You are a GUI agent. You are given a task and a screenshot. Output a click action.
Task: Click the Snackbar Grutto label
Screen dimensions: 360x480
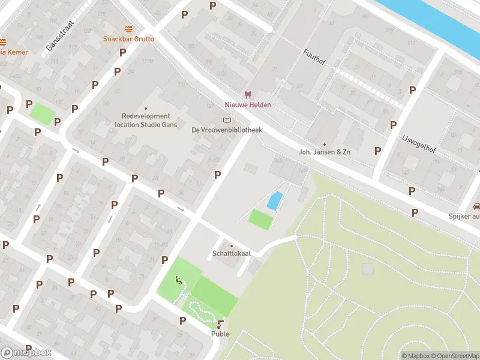pyautogui.click(x=128, y=39)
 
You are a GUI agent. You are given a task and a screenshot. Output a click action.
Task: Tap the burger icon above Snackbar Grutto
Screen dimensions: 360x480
pyautogui.click(x=128, y=29)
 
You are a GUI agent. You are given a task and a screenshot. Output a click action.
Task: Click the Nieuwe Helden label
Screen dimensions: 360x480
pyautogui.click(x=247, y=105)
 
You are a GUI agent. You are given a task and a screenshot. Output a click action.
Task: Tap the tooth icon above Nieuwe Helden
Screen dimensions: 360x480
pyautogui.click(x=247, y=95)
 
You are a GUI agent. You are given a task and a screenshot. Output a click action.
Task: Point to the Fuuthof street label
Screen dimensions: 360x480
pyautogui.click(x=314, y=60)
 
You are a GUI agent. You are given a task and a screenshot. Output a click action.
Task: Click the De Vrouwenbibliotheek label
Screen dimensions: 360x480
pyautogui.click(x=227, y=130)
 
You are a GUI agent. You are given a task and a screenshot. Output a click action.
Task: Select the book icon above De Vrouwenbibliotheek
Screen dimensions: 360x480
pyautogui.click(x=227, y=120)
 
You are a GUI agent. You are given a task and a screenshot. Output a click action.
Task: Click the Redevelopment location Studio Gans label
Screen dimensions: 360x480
pyautogui.click(x=146, y=121)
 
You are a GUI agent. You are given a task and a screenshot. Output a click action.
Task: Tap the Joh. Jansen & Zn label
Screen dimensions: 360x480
pyautogui.click(x=325, y=152)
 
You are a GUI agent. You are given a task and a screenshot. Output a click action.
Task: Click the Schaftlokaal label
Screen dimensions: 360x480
pyautogui.click(x=231, y=254)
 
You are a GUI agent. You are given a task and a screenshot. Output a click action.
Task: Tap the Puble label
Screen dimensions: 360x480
pyautogui.click(x=220, y=334)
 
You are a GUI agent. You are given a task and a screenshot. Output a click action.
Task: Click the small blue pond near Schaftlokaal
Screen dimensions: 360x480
pyautogui.click(x=274, y=200)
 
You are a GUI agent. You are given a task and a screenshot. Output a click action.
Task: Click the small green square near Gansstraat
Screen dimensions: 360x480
pyautogui.click(x=43, y=113)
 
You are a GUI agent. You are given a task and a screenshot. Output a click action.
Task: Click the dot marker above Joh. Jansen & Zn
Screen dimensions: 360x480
pyautogui.click(x=325, y=144)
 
